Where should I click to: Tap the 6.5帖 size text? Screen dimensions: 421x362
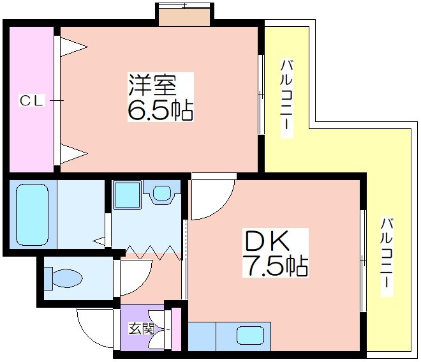pyautogui.click(x=160, y=110)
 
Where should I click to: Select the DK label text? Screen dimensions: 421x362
pyautogui.click(x=267, y=241)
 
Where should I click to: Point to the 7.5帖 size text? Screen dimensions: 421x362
pyautogui.click(x=275, y=266)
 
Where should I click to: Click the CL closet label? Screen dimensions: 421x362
pyautogui.click(x=31, y=101)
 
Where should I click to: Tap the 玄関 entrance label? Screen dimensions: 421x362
pyautogui.click(x=142, y=328)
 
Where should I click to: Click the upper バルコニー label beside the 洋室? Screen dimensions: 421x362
pyautogui.click(x=286, y=98)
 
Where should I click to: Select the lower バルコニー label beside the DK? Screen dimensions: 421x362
pyautogui.click(x=387, y=257)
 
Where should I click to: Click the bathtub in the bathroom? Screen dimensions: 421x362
pyautogui.click(x=33, y=215)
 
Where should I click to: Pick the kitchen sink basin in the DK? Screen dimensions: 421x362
pyautogui.click(x=250, y=335)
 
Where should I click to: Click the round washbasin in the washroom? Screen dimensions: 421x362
pyautogui.click(x=162, y=193)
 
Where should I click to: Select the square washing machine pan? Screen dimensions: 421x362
pyautogui.click(x=127, y=195)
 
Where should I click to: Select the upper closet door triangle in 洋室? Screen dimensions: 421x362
pyautogui.click(x=73, y=47)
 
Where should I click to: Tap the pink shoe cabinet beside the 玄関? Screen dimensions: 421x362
pyautogui.click(x=176, y=329)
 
